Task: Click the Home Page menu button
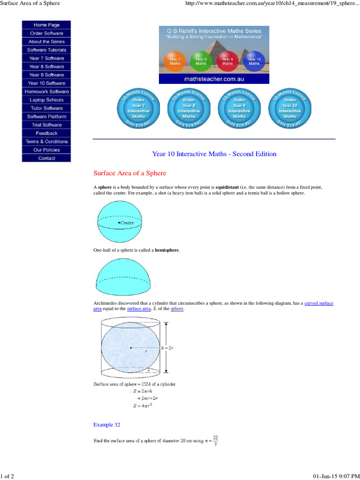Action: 46,25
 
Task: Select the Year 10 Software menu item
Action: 46,83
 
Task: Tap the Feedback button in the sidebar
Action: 46,133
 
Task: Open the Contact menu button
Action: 46,158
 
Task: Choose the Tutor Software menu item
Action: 46,108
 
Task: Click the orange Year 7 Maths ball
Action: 175,61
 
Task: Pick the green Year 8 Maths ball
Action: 201,61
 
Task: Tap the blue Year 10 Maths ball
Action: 254,61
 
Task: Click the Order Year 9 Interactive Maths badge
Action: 239,108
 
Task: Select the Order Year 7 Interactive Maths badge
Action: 138,108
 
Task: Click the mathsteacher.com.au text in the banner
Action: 214,79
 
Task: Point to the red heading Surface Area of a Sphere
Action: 130,173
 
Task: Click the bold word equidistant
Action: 227,187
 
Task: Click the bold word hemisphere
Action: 167,250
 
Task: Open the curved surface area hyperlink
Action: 319,303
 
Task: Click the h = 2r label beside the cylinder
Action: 167,348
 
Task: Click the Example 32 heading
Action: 107,425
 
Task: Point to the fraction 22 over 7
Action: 215,440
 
